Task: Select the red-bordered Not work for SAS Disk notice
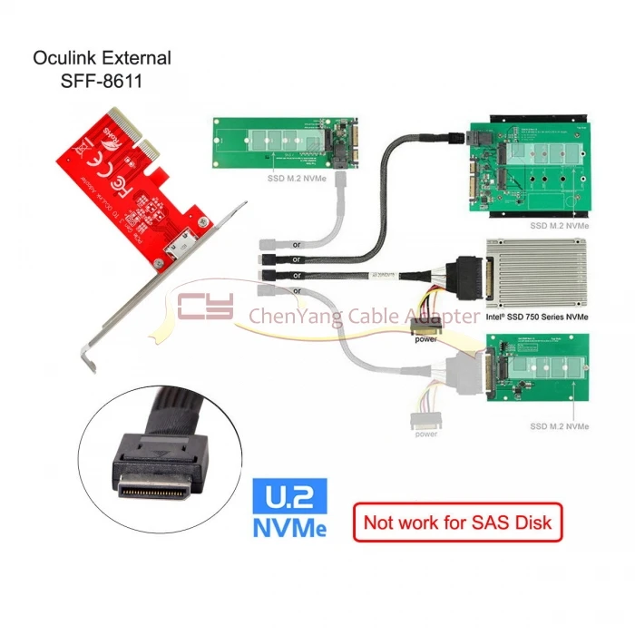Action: (458, 522)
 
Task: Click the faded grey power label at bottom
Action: (425, 433)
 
